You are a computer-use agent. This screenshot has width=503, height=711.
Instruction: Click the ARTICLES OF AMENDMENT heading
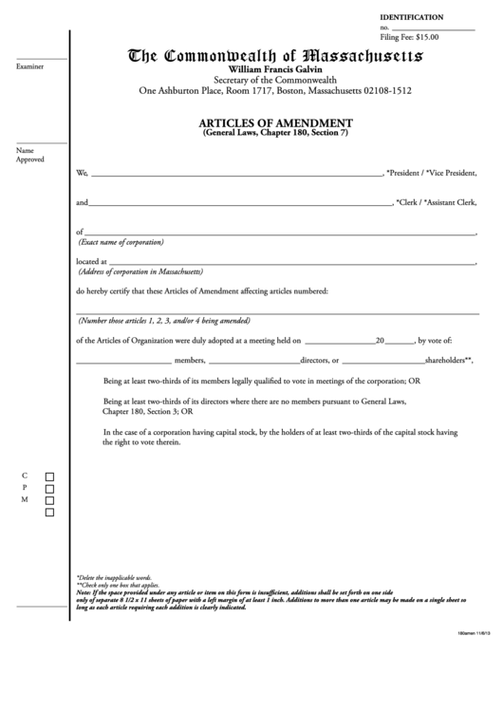(277, 123)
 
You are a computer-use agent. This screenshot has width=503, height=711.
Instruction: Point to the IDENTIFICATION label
(411, 18)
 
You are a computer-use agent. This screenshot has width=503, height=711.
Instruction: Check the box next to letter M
(50, 500)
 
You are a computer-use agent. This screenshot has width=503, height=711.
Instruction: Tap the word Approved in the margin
(30, 159)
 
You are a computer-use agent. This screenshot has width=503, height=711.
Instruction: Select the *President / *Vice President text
(432, 174)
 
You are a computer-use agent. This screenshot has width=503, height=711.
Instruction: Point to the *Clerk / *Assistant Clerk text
(438, 203)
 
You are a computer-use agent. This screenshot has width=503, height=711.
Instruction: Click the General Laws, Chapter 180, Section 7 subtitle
(277, 135)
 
